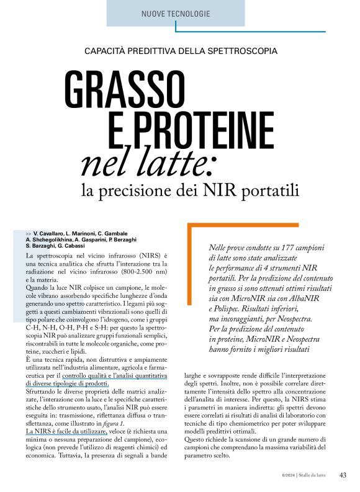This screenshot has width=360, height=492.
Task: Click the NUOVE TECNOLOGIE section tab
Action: (x=176, y=14)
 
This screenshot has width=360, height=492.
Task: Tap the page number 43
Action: (x=343, y=475)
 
